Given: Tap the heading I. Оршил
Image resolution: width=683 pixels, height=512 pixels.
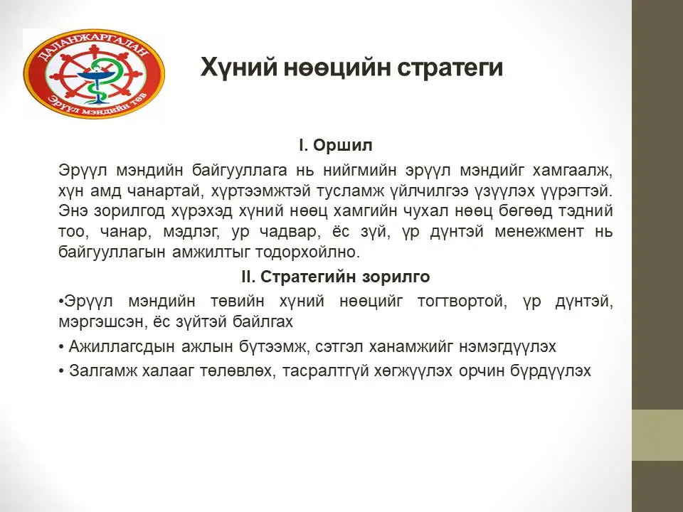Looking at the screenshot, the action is (x=335, y=145).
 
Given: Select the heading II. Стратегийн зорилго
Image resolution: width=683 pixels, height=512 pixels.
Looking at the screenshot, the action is (x=335, y=277).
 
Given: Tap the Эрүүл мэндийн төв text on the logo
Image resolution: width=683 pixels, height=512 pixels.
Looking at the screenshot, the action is (x=100, y=105).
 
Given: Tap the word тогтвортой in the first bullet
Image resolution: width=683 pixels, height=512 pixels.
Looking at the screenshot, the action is (x=462, y=302).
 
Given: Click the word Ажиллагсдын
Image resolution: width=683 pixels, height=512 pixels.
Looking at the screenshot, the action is (x=122, y=347).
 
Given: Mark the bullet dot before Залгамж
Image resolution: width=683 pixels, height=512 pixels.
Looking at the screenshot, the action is (x=61, y=371).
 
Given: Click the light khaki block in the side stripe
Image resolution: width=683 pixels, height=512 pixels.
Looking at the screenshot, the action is (x=657, y=434).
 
